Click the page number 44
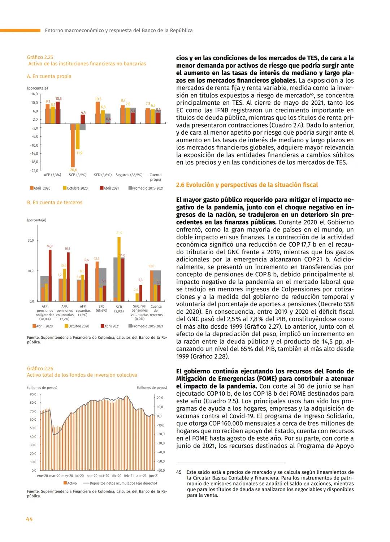coord(29,519)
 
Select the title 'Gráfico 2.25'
coord(40,57)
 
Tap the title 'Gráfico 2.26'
coord(40,368)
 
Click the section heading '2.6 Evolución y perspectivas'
coord(247,185)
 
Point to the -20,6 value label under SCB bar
coord(73,170)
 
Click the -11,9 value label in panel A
coord(79,153)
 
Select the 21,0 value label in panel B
coord(119,233)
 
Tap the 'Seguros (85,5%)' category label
coord(129,175)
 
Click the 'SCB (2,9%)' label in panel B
coord(119,309)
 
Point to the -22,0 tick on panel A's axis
coord(34,171)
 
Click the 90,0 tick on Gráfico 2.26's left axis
coord(33,394)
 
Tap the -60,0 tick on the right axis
coord(161,470)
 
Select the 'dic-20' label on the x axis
coord(117,476)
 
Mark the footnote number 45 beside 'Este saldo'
coord(179,472)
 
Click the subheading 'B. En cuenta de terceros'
coord(55,203)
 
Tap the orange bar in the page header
coord(20,30)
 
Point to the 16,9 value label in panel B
coord(50,246)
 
